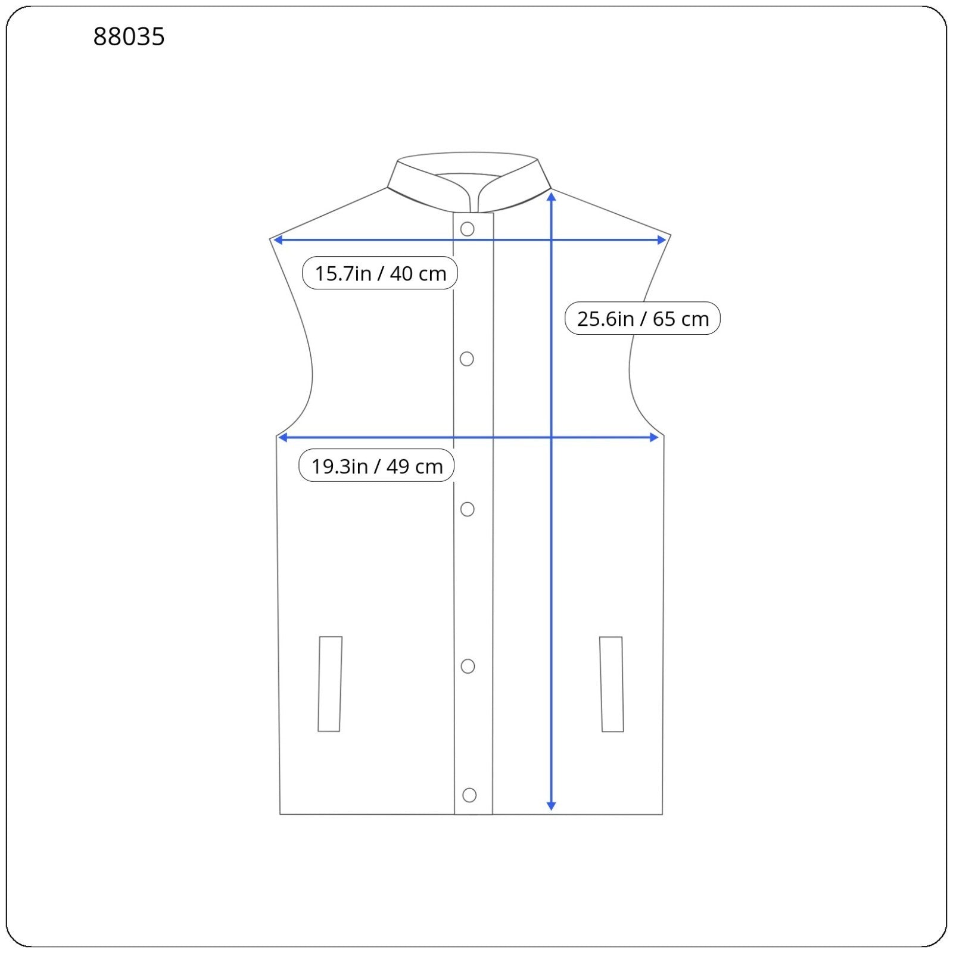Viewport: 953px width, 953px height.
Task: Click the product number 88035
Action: [x=129, y=37]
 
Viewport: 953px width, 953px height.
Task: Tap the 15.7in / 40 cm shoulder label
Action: [x=380, y=273]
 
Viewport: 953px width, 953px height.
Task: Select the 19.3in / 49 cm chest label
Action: [x=376, y=466]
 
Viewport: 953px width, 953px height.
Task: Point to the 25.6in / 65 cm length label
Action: [x=642, y=319]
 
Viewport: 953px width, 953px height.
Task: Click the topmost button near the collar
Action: [x=468, y=229]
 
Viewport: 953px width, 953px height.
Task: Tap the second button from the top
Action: [x=467, y=359]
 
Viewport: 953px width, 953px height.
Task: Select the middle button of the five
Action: [x=468, y=509]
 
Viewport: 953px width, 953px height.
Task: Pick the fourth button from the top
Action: [x=468, y=666]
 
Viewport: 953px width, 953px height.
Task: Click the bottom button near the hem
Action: [x=469, y=795]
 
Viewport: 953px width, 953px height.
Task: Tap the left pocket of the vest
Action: [x=330, y=684]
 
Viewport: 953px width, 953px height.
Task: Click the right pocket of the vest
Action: [x=611, y=684]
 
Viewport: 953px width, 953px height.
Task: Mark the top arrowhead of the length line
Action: [x=552, y=196]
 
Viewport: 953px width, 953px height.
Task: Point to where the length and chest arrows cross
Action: [x=552, y=438]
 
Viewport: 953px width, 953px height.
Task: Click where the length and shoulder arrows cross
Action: [x=552, y=240]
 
